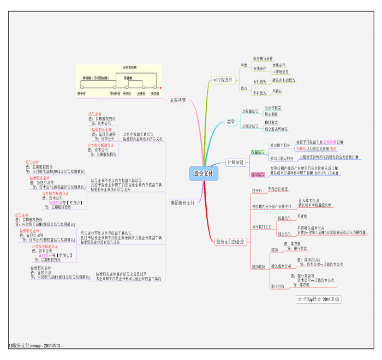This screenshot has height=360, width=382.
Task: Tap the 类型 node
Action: click(231, 122)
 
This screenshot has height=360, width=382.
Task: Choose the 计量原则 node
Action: click(235, 162)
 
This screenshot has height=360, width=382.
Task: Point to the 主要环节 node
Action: click(178, 100)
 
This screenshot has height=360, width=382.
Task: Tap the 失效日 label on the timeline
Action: click(155, 93)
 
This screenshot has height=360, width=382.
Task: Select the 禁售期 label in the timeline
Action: click(128, 78)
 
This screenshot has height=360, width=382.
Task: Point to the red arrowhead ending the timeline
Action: click(161, 87)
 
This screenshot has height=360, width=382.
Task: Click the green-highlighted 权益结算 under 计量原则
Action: click(258, 152)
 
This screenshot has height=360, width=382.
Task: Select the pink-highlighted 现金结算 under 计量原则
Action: click(258, 175)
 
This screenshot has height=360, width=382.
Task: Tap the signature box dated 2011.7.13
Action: click(319, 299)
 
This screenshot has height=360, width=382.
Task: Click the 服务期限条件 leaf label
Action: click(262, 58)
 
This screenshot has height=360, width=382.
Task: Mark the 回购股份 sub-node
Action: click(259, 267)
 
